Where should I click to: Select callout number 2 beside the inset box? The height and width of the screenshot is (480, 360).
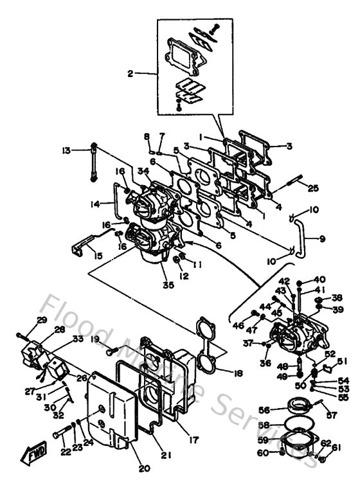tap(130, 75)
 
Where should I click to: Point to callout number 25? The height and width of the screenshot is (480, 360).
tap(313, 188)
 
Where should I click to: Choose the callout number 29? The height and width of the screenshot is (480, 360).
tap(41, 320)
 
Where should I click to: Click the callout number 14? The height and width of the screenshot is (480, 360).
tap(95, 204)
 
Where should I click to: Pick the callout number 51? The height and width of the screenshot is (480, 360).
tap(342, 360)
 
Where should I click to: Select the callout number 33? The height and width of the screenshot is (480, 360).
tap(78, 339)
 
